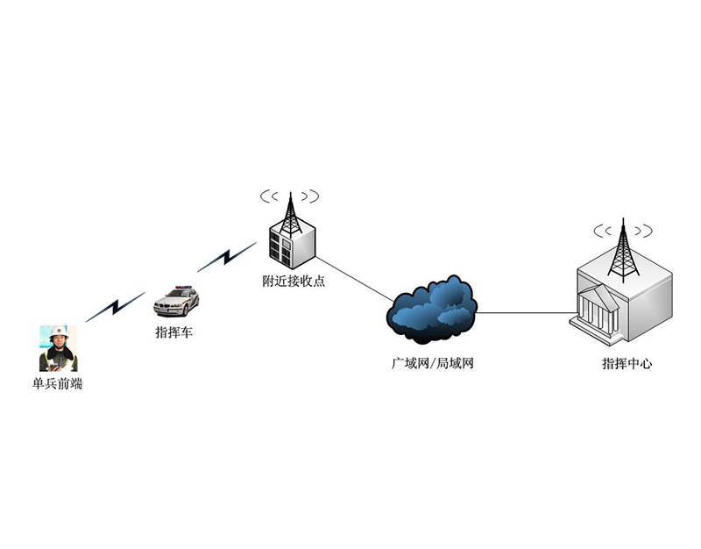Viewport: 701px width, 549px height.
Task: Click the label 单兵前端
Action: [x=58, y=383]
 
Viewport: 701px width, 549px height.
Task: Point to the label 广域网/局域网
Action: [x=432, y=363]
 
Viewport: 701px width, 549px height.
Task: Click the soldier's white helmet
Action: [x=59, y=332]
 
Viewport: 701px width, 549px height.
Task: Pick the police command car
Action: [x=176, y=301]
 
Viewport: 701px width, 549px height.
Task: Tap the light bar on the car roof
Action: [x=183, y=287]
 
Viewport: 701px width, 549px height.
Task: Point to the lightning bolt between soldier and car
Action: [x=115, y=306]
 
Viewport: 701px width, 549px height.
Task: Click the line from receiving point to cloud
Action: [x=355, y=279]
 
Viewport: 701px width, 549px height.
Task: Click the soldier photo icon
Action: [x=58, y=348]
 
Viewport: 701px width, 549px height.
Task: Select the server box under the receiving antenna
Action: [x=290, y=246]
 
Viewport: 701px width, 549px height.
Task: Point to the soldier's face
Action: [x=59, y=341]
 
